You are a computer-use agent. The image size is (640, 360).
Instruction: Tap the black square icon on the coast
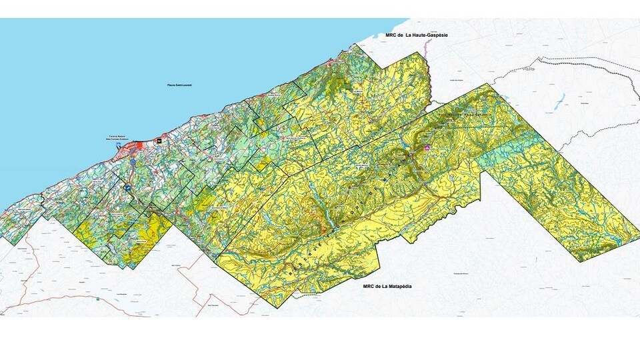point(158,141)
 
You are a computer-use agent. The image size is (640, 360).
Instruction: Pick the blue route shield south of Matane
point(133,162)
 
